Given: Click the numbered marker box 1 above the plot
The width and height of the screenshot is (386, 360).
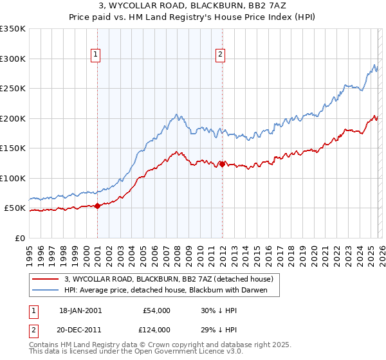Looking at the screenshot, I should [95, 55].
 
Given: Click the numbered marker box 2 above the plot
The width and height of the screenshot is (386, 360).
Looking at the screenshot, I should [220, 55].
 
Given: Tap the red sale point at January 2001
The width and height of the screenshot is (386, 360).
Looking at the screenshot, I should [98, 206].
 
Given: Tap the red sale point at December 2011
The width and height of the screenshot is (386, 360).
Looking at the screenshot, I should [222, 164].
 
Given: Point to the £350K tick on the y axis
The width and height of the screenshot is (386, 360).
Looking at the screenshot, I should [13, 29].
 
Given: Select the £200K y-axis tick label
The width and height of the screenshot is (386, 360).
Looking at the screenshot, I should [13, 118].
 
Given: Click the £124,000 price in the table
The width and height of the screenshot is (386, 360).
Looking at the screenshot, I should [155, 329].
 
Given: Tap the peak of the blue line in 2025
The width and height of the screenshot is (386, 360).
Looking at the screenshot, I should [375, 64].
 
